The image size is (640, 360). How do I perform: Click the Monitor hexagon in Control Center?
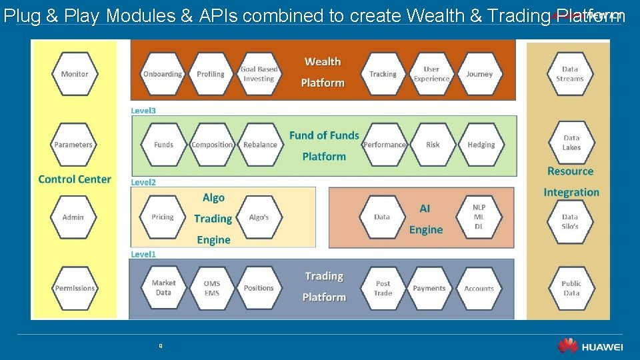(x=74, y=74)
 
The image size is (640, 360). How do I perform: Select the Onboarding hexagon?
(x=162, y=74)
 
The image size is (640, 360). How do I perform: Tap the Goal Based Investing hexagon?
(x=259, y=74)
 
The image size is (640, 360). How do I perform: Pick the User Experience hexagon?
(x=431, y=74)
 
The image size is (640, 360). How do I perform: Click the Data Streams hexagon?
(x=570, y=74)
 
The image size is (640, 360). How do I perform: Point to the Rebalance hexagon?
(x=260, y=145)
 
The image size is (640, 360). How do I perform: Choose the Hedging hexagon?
(x=481, y=145)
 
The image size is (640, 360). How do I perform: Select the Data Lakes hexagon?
(x=571, y=143)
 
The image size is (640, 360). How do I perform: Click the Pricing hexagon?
(x=162, y=217)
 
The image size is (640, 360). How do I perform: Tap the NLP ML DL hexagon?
(x=479, y=217)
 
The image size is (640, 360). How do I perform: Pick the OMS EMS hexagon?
(x=211, y=288)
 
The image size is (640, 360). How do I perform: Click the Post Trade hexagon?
(x=383, y=288)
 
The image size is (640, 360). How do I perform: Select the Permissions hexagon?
(x=75, y=288)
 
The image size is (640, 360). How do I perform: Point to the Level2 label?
(x=143, y=182)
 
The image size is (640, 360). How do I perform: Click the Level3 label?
(x=143, y=111)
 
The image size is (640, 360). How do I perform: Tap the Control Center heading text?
(x=75, y=179)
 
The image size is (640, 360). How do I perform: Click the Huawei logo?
(x=590, y=346)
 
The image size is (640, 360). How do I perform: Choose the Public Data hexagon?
(x=571, y=288)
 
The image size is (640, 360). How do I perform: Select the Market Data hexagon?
(x=163, y=288)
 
